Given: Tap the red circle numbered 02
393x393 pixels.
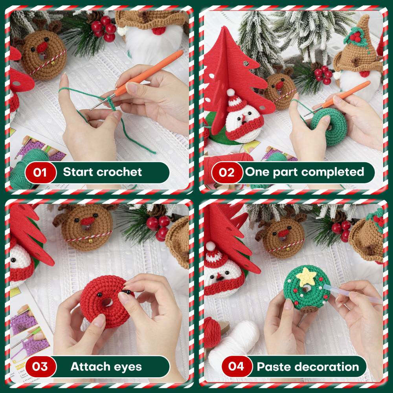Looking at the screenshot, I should pos(227,173).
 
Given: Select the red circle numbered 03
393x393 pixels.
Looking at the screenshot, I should pos(40,367).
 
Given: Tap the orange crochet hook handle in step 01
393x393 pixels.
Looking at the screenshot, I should pos(153,73).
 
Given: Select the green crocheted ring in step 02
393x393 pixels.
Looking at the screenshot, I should pos(326,126).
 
